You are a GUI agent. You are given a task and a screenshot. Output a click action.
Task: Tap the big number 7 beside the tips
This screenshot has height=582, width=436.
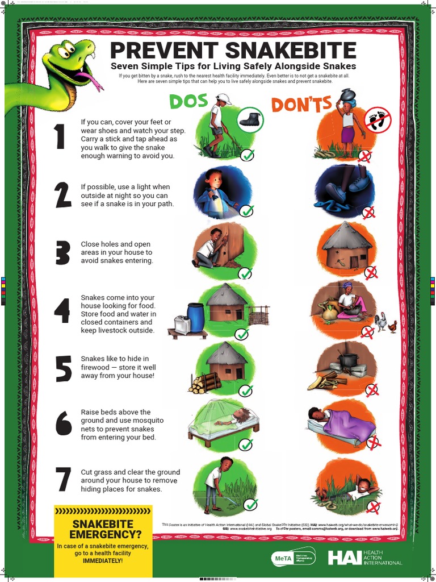pyautogui.click(x=62, y=479)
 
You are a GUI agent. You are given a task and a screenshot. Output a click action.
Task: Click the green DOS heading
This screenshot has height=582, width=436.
pyautogui.click(x=189, y=101)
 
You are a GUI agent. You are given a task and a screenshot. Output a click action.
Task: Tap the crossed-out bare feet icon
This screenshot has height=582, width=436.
pyautogui.click(x=378, y=120)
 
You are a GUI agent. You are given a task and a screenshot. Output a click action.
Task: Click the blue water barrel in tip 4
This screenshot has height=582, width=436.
pyautogui.click(x=195, y=317)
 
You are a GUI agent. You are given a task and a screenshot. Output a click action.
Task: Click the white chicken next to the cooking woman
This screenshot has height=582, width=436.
pyautogui.click(x=381, y=322)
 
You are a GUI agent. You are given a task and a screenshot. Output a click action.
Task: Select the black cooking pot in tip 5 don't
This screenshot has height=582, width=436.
pyautogui.click(x=348, y=359)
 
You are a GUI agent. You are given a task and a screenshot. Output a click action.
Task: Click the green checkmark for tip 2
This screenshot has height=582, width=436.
pyautogui.click(x=246, y=211)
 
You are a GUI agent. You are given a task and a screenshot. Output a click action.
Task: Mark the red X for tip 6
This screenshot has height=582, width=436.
pyautogui.click(x=374, y=442)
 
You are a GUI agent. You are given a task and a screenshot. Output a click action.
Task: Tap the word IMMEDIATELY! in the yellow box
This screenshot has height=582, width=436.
pyautogui.click(x=103, y=561)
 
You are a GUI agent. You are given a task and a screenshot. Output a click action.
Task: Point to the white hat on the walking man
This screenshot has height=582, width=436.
pyautogui.click(x=223, y=98)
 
